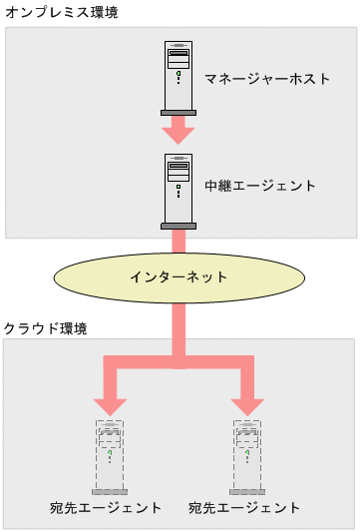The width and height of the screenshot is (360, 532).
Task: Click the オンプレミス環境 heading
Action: pos(55,12)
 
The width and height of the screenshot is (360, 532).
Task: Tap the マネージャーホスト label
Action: pos(267,78)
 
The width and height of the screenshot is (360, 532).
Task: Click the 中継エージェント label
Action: pos(259,186)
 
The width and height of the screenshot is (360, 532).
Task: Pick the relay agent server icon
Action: pos(179,187)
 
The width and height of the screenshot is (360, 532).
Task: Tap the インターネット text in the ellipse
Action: pos(179,276)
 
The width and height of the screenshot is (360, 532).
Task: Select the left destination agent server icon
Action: pos(110,453)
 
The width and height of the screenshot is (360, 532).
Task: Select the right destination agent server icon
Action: pos(246,453)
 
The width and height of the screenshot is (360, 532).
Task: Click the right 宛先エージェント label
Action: pos(244,508)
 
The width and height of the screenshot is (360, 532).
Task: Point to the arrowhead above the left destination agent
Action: pos(110,403)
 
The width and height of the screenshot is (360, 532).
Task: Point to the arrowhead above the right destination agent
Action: pos(246,403)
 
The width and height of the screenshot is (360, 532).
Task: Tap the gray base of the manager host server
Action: pos(179,111)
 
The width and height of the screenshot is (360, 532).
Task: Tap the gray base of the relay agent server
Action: pos(179,227)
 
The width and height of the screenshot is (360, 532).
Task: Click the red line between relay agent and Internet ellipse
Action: pos(179,243)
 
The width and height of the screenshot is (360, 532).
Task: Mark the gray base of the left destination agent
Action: pos(110,492)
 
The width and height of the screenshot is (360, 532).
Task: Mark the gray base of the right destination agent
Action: pos(246,492)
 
